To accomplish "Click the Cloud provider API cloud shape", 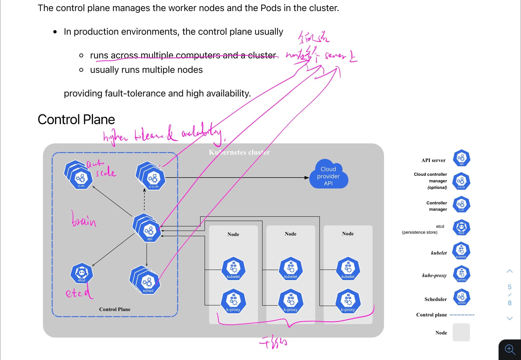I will [x=328, y=175].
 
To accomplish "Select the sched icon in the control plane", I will [x=148, y=283].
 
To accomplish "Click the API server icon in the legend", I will [x=461, y=158].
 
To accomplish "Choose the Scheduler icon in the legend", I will [x=461, y=297].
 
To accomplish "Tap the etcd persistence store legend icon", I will [x=461, y=228].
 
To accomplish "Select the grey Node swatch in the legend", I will [x=461, y=332].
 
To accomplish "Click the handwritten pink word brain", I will [x=84, y=219].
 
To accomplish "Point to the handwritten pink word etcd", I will [x=79, y=292].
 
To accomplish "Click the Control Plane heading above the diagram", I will [x=76, y=119].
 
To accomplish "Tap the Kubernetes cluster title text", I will [x=239, y=152].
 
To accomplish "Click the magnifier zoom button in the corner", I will [x=510, y=350].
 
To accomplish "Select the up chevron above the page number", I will [x=510, y=271].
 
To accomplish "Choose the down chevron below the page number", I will [x=510, y=318].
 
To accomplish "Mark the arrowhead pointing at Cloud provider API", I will [x=307, y=178].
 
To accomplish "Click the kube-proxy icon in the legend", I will [x=461, y=274].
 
